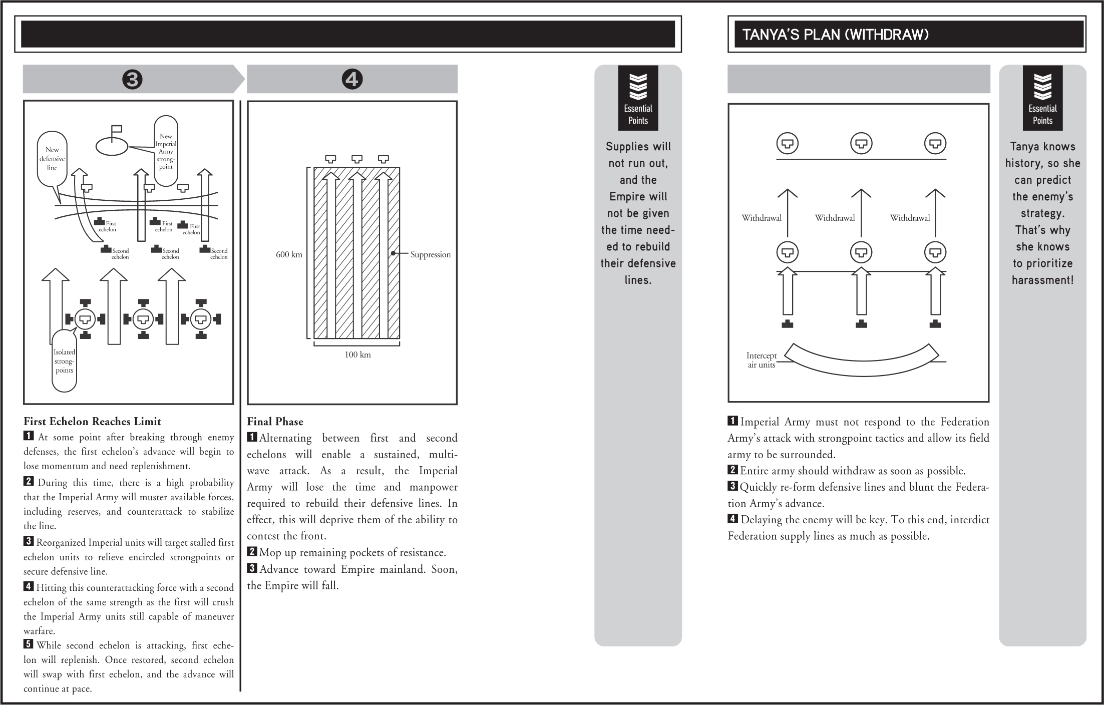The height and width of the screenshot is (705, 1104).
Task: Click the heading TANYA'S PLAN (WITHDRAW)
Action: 835,35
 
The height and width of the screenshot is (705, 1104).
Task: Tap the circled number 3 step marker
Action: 133,80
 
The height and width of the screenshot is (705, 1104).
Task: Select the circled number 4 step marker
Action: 352,80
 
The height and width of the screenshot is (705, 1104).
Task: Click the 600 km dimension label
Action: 289,254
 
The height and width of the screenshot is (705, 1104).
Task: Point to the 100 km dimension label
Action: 357,355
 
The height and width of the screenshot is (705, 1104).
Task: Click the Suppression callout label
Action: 430,254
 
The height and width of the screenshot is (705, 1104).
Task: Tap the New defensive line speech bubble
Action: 52,159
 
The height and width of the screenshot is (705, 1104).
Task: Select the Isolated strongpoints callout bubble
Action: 64,361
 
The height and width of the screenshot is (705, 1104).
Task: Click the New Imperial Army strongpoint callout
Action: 166,151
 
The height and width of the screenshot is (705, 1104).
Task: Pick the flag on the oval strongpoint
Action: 116,129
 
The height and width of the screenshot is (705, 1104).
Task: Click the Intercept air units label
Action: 761,360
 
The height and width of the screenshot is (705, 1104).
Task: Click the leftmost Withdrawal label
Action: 761,218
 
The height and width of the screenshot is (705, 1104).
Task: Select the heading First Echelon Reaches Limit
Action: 92,422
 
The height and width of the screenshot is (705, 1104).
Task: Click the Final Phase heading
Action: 275,422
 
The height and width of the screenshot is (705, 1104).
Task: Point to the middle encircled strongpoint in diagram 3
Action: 143,319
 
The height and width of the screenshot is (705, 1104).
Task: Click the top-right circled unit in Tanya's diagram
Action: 935,144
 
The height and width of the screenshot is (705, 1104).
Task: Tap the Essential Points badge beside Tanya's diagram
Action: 1042,98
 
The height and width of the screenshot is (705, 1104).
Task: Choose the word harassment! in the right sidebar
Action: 1042,280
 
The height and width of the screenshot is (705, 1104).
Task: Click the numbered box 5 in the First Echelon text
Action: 29,644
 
